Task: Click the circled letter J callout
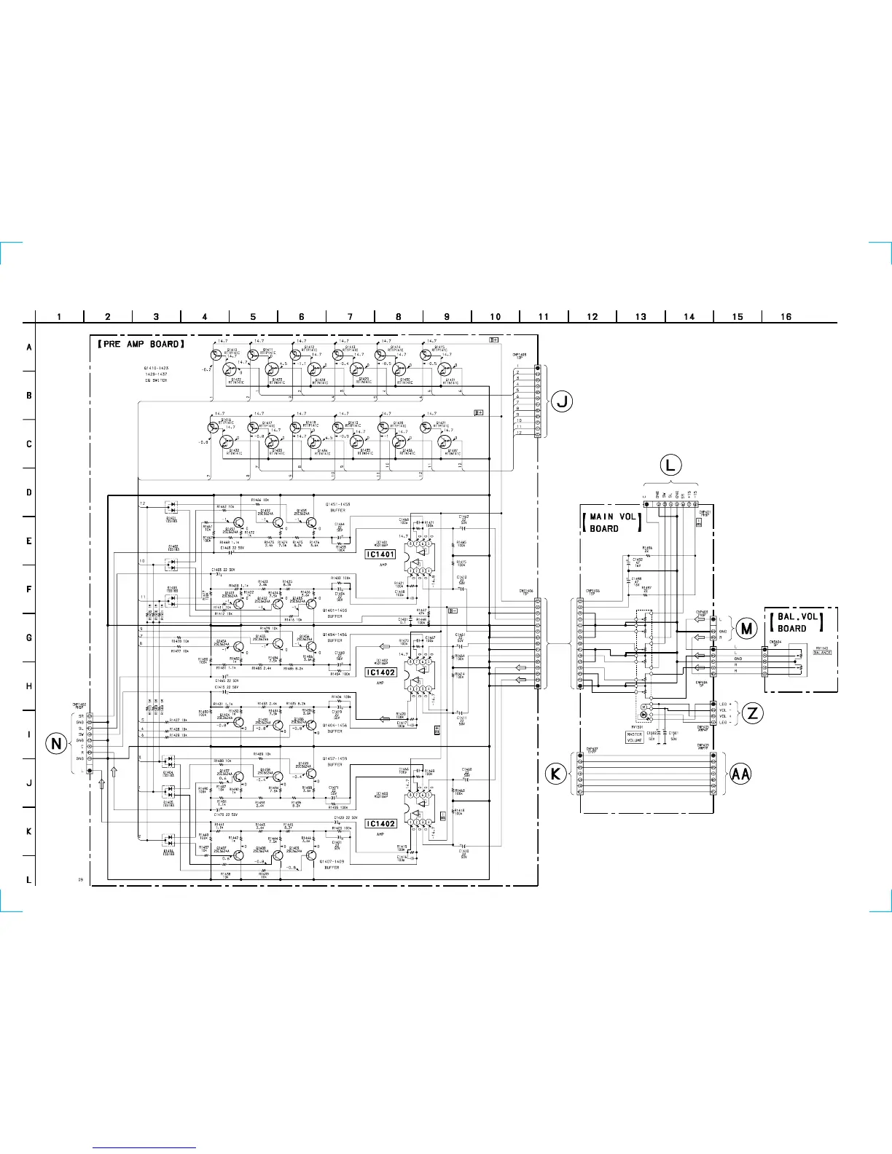[x=561, y=401]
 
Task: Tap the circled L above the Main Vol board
[x=670, y=465]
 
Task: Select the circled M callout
[x=746, y=629]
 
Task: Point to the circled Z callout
[x=752, y=713]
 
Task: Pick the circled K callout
[x=556, y=774]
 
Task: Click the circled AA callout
[x=740, y=774]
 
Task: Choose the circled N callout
[x=57, y=744]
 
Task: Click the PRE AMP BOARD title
[x=141, y=344]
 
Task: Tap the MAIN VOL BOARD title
[x=612, y=522]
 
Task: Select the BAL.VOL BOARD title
[x=797, y=622]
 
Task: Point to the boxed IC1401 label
[x=380, y=554]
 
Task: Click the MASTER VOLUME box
[x=635, y=737]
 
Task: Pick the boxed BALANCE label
[x=822, y=653]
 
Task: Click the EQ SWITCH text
[x=155, y=380]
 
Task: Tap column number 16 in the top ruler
[x=786, y=317]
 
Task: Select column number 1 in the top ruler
[x=59, y=317]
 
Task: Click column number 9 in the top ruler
[x=447, y=317]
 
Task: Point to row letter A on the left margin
[x=29, y=348]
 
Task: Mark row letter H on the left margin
[x=29, y=686]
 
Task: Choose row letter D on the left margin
[x=29, y=492]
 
